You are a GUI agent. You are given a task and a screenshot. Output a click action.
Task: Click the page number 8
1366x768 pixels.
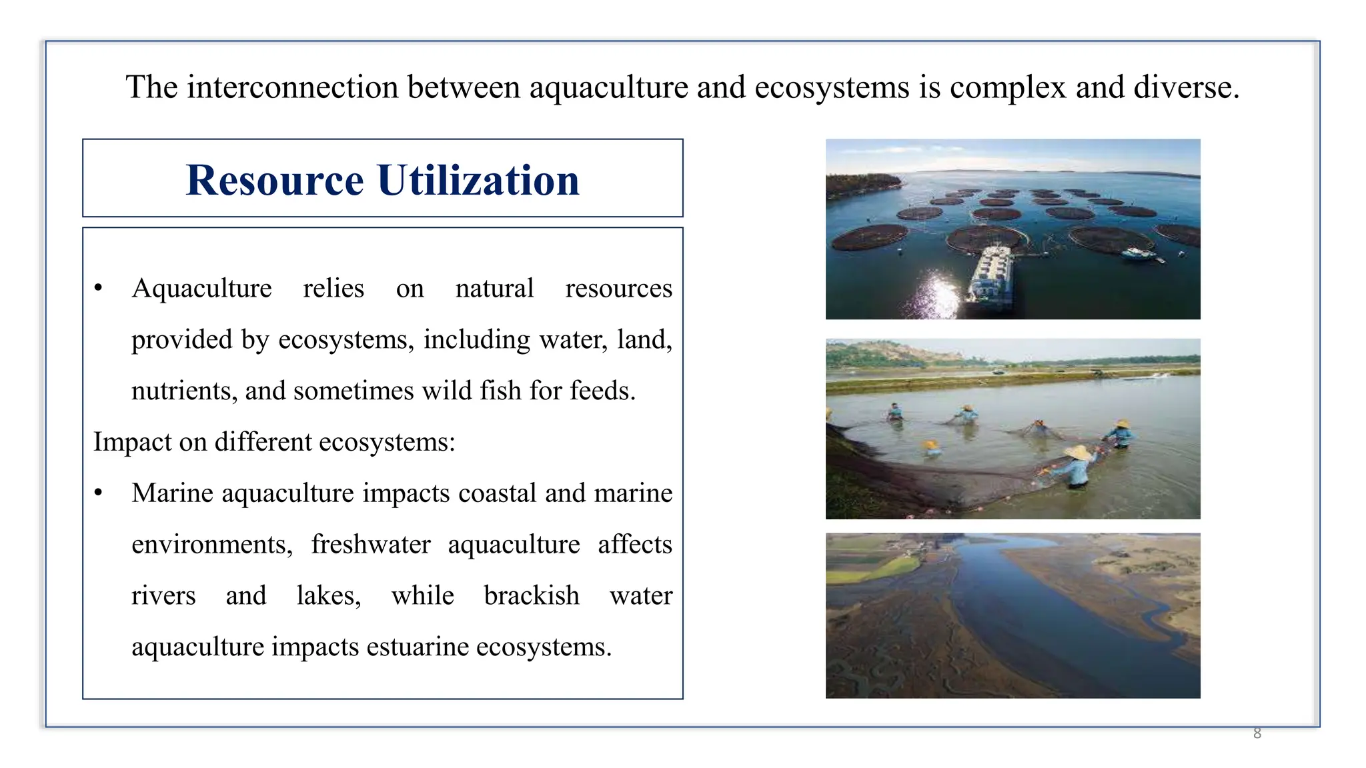point(1257,733)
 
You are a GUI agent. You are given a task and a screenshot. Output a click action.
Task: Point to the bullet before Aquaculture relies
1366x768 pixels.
point(99,289)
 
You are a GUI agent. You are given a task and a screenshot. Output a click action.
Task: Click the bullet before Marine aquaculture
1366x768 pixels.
point(99,493)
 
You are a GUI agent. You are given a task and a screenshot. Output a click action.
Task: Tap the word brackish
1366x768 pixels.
point(532,595)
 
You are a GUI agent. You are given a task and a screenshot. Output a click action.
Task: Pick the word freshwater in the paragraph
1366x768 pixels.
point(370,545)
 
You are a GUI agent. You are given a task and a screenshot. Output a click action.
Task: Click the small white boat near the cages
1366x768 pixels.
point(1139,253)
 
